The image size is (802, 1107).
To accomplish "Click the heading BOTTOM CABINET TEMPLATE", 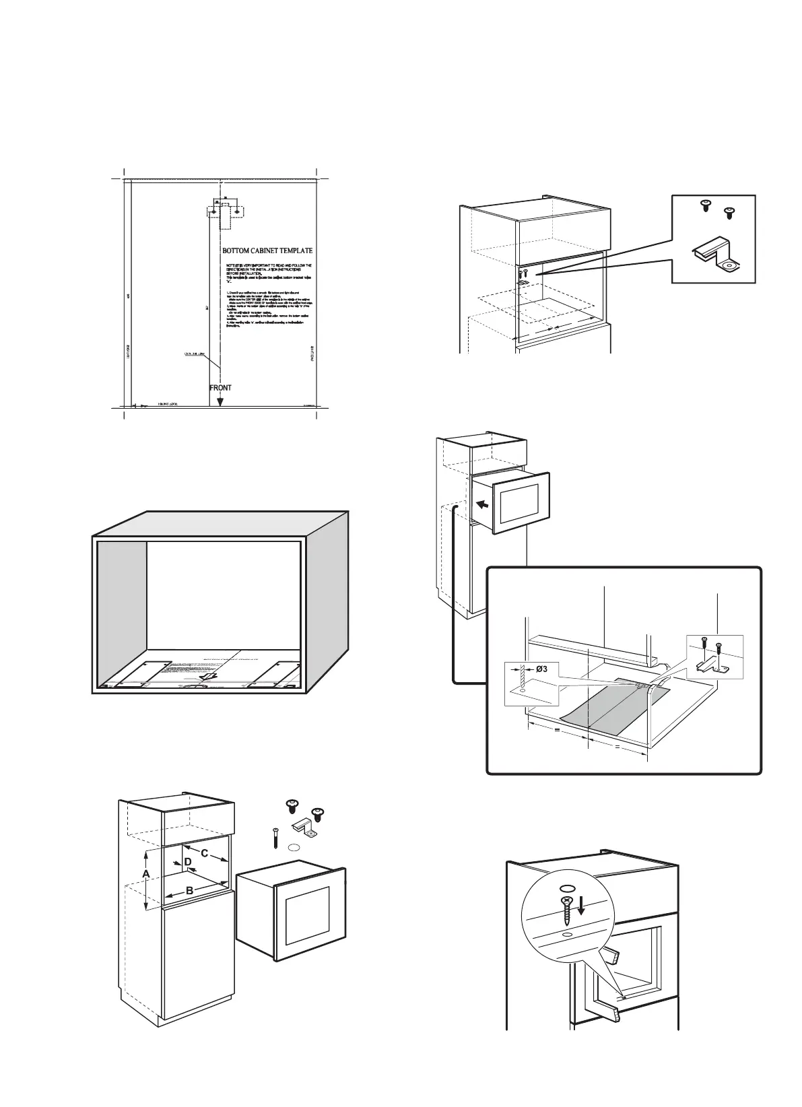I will (267, 250).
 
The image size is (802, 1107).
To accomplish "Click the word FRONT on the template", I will (220, 387).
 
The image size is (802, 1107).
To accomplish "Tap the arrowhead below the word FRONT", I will (220, 401).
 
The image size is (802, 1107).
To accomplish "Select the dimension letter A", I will (145, 873).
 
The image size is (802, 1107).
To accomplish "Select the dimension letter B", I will (190, 890).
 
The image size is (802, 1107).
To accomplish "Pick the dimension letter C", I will (204, 854).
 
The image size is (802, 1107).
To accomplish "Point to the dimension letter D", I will (188, 862).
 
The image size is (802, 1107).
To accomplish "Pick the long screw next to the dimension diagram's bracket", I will (276, 837).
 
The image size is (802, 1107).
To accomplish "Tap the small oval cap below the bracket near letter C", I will (293, 848).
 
